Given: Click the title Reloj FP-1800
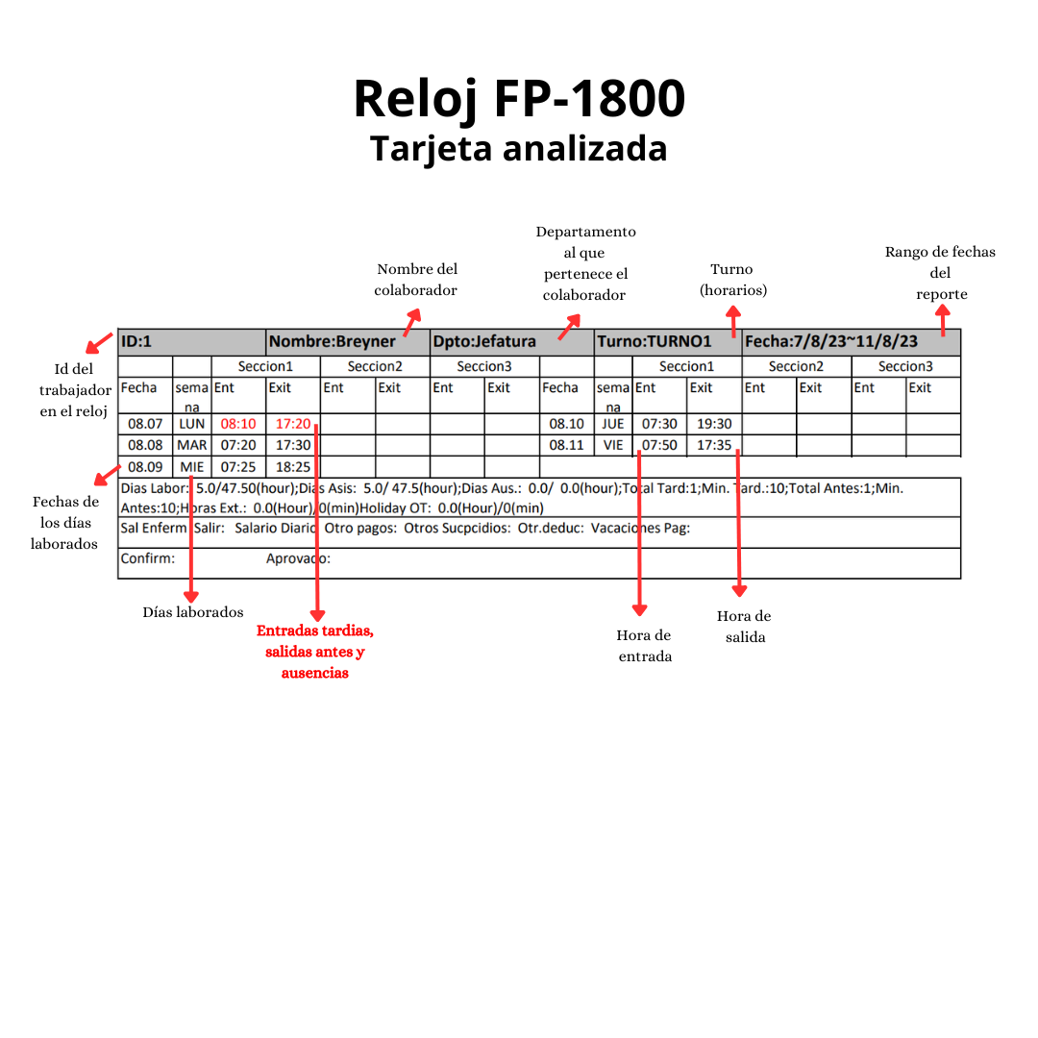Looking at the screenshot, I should coord(519,98).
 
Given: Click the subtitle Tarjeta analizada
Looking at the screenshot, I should coord(519,149).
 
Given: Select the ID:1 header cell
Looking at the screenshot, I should coord(191,342).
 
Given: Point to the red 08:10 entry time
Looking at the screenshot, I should coord(238,424).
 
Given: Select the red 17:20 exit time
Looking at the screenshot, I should coord(293,424).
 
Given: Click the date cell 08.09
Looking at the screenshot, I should coord(145,467).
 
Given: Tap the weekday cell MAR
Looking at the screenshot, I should coord(192,446).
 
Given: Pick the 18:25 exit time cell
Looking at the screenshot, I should coord(293,467).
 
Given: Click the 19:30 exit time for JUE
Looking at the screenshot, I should coord(714,424).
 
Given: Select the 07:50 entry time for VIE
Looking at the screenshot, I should coord(659,446).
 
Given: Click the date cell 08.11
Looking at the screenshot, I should coord(566,446).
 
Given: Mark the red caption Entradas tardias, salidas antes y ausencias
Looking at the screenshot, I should coord(315,653).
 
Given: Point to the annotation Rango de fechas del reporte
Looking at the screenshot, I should coord(940,273).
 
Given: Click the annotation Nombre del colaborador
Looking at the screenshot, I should coord(416,280).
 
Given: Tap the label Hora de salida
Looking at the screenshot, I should coord(744,626).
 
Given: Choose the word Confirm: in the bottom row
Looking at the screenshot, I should coord(148,558).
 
